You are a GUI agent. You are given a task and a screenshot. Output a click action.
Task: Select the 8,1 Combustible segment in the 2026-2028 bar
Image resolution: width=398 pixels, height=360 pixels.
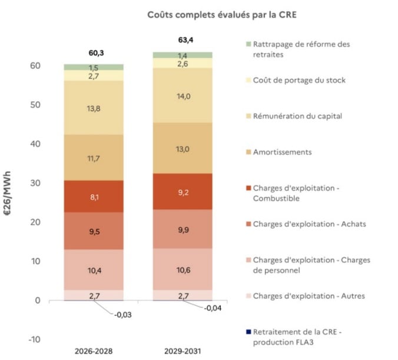click(94, 196)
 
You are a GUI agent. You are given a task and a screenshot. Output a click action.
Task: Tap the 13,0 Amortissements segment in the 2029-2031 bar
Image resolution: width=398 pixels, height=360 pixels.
click(183, 149)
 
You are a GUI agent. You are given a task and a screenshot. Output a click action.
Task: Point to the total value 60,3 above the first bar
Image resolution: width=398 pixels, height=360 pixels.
click(94, 54)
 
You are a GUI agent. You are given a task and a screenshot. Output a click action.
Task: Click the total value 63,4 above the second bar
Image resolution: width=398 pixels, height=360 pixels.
click(183, 41)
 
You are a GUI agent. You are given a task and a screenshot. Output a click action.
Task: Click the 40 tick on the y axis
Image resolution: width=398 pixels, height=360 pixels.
click(35, 144)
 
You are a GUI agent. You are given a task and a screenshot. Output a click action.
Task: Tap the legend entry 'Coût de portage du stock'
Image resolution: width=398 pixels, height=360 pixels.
click(299, 80)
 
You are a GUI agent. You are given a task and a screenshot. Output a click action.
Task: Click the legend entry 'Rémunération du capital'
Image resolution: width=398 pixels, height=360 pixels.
click(297, 116)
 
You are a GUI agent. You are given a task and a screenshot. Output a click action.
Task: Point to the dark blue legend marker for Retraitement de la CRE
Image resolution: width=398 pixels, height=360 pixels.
click(247, 332)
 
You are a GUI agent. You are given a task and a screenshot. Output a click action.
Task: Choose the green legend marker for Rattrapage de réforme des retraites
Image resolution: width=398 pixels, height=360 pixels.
click(247, 44)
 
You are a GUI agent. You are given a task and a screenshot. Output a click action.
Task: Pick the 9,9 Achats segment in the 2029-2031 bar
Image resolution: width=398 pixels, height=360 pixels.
click(183, 229)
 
